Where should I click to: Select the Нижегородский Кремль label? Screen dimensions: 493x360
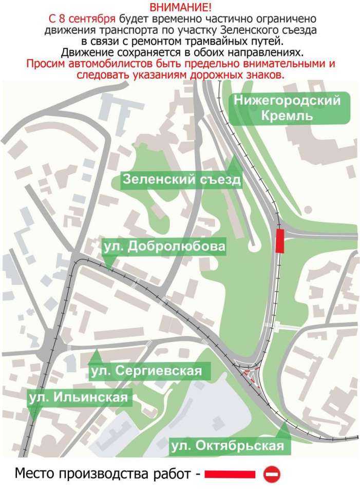(287, 108)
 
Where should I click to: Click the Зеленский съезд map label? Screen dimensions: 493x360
(181, 180)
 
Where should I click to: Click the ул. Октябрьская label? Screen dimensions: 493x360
(229, 445)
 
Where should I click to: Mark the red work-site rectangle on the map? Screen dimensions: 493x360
(280, 241)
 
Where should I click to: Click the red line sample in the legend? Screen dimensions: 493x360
(230, 473)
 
